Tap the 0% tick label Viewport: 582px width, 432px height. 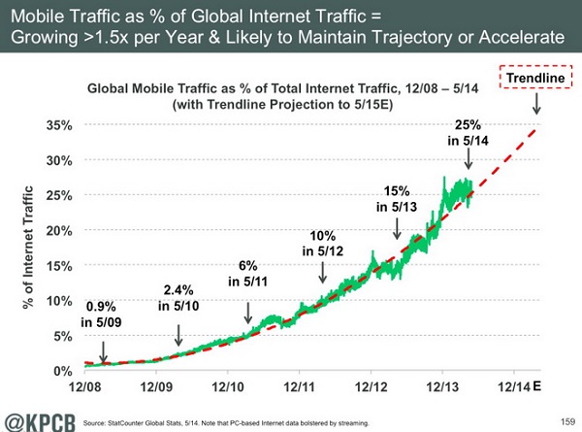point(62,371)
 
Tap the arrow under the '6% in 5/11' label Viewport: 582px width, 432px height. point(248,312)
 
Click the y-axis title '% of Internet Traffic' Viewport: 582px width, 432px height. point(28,249)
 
